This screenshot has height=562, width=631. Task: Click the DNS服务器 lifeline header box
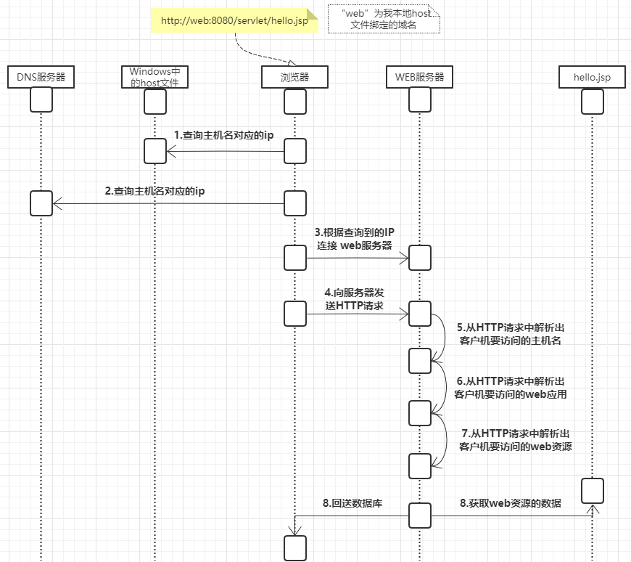tap(41, 76)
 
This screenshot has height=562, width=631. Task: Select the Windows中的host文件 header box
tap(154, 76)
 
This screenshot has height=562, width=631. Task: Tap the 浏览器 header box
tap(294, 76)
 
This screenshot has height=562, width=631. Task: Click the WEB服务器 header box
tap(419, 76)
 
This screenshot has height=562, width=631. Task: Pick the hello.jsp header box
tap(592, 76)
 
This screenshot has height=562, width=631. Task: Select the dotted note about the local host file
tap(383, 19)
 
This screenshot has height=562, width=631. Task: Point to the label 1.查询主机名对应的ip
tap(223, 135)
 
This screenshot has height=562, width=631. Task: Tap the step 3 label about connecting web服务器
tap(354, 239)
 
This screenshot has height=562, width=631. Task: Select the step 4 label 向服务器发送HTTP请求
tap(354, 298)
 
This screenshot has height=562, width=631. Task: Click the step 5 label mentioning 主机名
tap(510, 333)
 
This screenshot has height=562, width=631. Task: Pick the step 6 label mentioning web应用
tap(510, 388)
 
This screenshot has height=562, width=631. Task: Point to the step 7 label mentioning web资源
tap(516, 440)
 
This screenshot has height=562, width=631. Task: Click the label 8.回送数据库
tap(352, 502)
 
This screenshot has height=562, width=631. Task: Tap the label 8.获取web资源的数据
tap(510, 502)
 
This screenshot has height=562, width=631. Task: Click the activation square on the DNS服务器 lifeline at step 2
tap(41, 203)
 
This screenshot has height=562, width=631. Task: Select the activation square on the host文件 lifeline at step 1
tap(154, 151)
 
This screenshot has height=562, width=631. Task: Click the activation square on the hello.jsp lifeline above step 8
tap(592, 490)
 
